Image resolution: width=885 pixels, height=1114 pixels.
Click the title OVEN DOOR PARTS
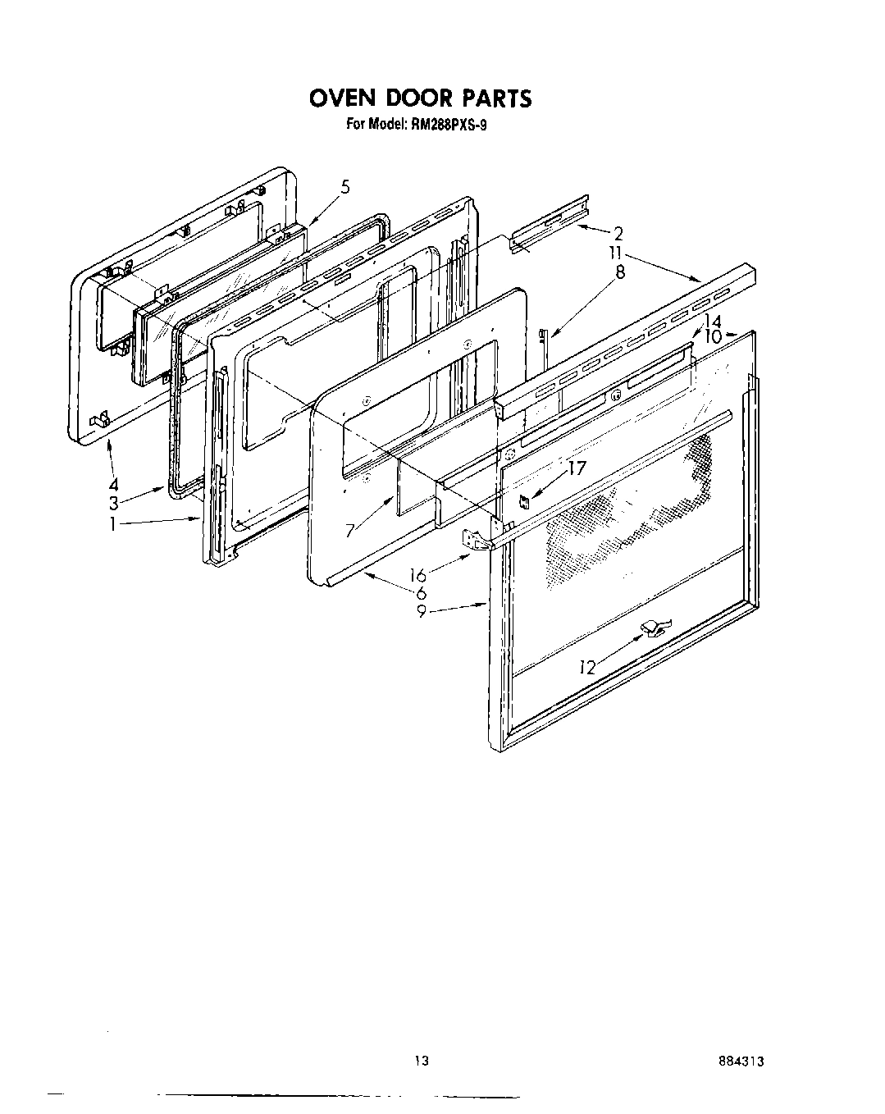click(x=420, y=98)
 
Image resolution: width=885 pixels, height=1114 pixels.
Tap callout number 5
click(x=345, y=187)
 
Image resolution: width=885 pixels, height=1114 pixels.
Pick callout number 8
click(x=620, y=272)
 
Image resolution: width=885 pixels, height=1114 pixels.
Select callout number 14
click(x=713, y=322)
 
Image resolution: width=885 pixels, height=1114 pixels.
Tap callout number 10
click(x=712, y=336)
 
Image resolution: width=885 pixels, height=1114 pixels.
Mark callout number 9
click(x=421, y=611)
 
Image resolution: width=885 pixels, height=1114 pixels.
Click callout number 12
click(x=586, y=668)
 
